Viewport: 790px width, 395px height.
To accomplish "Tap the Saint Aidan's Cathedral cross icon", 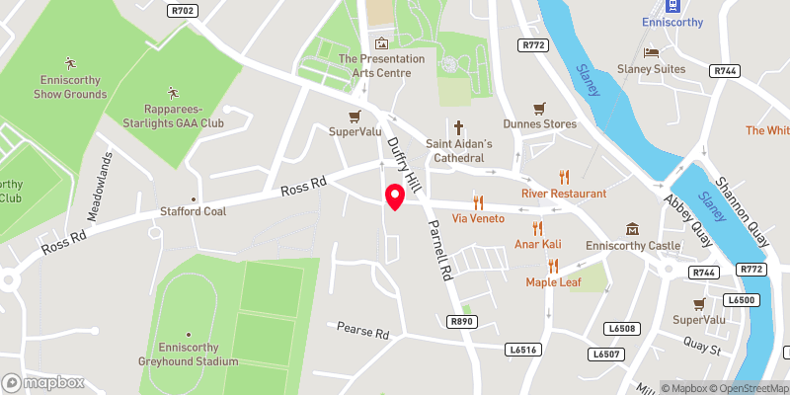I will (458, 126).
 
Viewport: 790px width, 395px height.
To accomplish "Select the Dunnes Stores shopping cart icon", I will (539, 108).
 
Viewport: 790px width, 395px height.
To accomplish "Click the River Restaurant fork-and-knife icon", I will (563, 177).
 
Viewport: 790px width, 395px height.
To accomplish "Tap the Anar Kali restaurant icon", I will (537, 228).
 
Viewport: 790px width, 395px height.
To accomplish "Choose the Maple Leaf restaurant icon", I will (553, 266).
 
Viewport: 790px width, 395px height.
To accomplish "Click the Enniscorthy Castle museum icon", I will (629, 228).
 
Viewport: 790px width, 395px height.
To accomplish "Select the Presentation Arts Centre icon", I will (382, 42).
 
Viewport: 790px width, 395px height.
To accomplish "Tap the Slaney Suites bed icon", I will (650, 51).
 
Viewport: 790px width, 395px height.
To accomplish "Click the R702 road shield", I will (182, 11).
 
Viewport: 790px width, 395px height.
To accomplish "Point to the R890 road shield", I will (461, 321).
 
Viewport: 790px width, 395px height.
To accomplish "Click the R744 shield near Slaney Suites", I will (724, 71).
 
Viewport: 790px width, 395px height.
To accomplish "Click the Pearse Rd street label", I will (363, 328).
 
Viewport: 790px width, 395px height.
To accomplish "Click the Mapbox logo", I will (42, 382).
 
